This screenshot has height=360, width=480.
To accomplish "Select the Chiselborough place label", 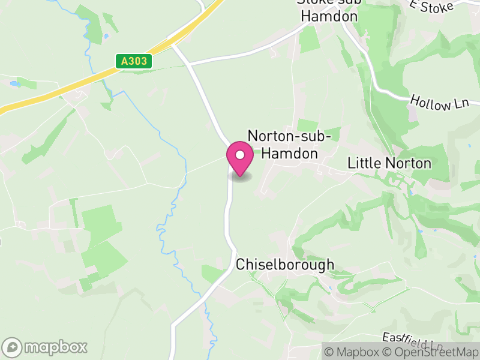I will click(x=285, y=265).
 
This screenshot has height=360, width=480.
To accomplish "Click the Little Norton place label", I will click(x=389, y=163).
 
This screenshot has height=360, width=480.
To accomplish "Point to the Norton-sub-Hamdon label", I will click(x=290, y=145).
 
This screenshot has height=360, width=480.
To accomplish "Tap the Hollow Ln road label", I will click(x=440, y=103).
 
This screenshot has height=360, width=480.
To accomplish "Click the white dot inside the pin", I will click(x=240, y=155).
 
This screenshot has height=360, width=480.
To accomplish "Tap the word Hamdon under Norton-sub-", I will click(x=290, y=154).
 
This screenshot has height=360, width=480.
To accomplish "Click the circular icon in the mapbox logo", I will click(x=13, y=347).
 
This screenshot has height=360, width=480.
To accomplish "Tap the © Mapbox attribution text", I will click(x=356, y=352).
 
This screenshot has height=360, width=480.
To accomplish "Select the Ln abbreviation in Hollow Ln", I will click(x=460, y=104).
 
